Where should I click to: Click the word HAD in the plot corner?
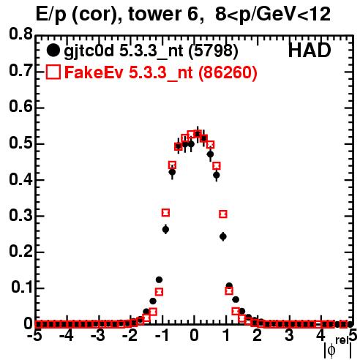310,50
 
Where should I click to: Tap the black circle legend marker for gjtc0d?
53,50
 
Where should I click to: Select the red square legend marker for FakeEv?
53,72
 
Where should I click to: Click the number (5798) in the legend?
213,51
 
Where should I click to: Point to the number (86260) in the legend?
228,72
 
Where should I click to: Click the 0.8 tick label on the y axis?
20,34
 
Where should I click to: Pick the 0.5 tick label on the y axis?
20,143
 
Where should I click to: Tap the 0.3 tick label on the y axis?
20,215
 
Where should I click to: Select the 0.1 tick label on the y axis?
21,288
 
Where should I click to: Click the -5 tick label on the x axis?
35,335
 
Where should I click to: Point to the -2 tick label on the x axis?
130,335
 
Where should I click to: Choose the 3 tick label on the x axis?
289,335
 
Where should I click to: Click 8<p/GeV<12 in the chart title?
273,15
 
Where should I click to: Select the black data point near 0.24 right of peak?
223,236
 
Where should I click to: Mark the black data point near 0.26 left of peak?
165,229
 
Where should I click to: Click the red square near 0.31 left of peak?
165,213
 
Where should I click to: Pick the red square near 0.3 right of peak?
223,214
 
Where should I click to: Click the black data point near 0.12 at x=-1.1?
159,280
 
